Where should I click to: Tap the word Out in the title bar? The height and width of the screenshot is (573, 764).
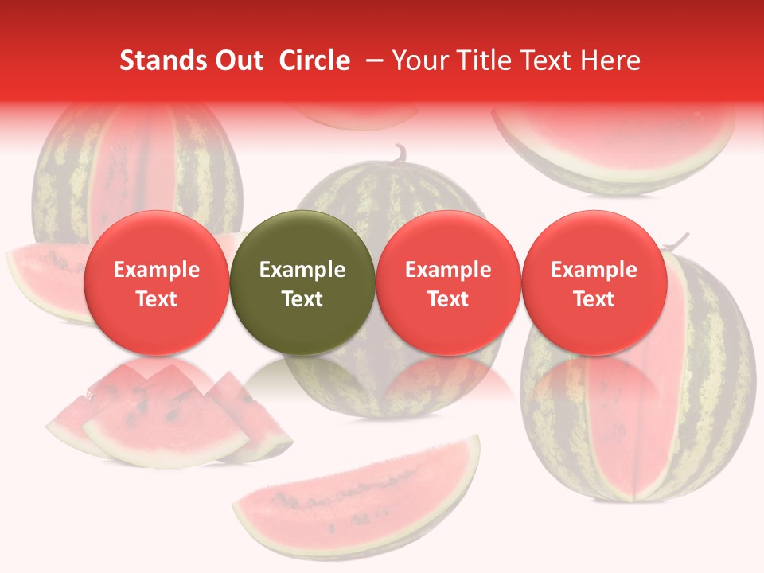pos(236,60)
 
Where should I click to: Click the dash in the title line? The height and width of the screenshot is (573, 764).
pos(372,60)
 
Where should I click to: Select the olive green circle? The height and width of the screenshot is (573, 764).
pos(302,283)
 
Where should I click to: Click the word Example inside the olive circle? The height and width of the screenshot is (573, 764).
pos(302,270)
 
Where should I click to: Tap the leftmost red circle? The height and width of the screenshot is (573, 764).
pos(157,283)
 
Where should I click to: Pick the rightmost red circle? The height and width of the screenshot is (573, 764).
pos(594,283)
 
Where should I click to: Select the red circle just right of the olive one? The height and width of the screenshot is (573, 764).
pos(448,283)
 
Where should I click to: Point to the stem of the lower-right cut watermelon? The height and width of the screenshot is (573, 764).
pos(678,240)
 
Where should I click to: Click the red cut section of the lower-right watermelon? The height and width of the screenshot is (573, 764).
pos(629,414)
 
